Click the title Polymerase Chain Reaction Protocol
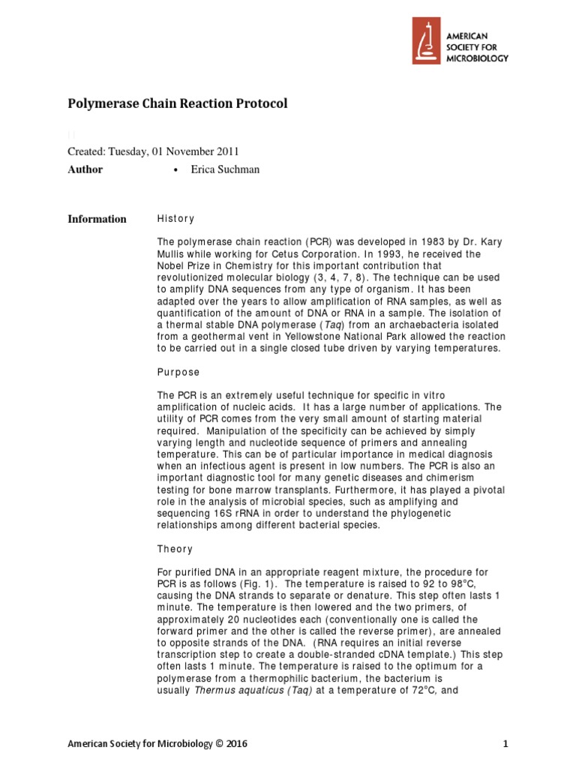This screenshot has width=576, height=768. (178, 104)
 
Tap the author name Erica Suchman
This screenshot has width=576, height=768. (225, 169)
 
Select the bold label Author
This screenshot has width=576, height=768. (85, 169)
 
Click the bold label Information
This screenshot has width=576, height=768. (97, 219)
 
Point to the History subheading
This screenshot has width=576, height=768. (175, 219)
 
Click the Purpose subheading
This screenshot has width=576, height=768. (178, 372)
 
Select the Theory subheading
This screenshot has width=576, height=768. (175, 549)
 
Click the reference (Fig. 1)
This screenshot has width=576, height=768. (257, 582)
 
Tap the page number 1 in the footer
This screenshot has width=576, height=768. (505, 744)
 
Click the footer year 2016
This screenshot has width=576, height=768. (234, 744)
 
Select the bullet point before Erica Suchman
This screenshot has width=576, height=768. (175, 170)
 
